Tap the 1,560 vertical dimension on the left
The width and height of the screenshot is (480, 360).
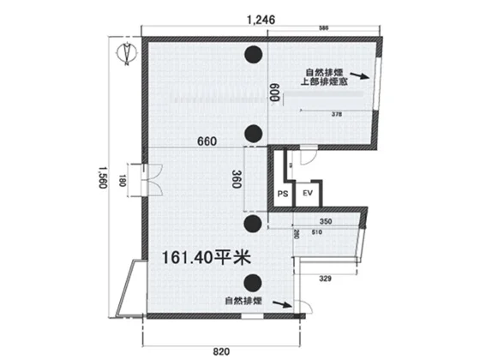[103, 177]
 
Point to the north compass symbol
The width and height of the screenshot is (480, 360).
[125, 53]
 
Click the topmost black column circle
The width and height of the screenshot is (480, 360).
[253, 56]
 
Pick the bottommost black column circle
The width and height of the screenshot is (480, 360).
[253, 282]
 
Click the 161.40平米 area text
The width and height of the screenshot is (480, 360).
[202, 255]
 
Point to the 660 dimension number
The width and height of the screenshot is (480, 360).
[207, 141]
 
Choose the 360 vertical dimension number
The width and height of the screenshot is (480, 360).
[238, 180]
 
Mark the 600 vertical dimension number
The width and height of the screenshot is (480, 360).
[276, 93]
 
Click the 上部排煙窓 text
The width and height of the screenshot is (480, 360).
[323, 82]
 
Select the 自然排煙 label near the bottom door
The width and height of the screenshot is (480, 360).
[243, 302]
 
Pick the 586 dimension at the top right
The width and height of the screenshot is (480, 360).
[323, 29]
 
